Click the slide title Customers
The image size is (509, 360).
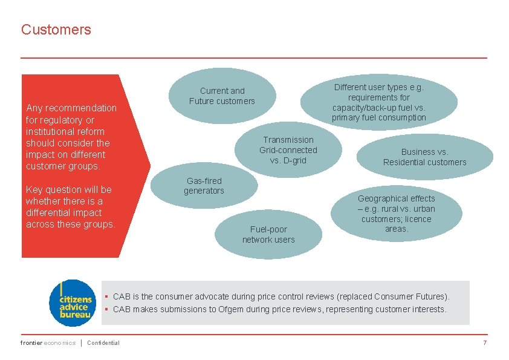[x=56, y=30]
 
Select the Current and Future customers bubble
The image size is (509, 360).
[x=222, y=96]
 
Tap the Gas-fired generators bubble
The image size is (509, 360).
[x=204, y=186]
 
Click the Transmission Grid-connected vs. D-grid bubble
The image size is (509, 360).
[x=288, y=150]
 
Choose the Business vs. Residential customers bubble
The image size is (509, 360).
[x=424, y=157]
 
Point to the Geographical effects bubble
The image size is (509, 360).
[x=397, y=214]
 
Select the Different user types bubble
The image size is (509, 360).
[x=379, y=102]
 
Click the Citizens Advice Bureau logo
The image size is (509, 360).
[x=72, y=303]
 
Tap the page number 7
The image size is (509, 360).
[x=484, y=343]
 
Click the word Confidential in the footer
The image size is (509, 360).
[x=103, y=343]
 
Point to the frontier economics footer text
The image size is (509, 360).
[x=48, y=343]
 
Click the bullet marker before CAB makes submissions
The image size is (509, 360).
[x=106, y=309]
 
